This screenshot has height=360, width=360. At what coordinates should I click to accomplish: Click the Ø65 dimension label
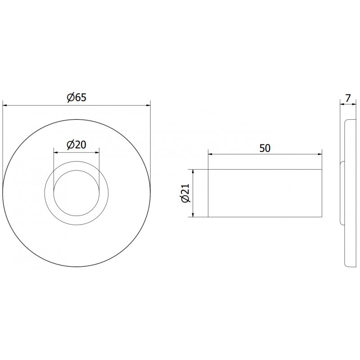pyautogui.click(x=76, y=97)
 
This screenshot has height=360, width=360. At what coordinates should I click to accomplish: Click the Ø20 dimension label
pyautogui.click(x=76, y=144)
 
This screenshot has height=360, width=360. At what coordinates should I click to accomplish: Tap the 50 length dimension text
pyautogui.click(x=265, y=148)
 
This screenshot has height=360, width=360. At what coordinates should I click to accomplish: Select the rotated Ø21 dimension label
pyautogui.click(x=185, y=193)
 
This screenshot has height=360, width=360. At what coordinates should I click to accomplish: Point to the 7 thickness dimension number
pyautogui.click(x=348, y=97)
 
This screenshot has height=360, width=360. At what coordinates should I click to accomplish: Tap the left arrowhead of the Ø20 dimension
pyautogui.click(x=56, y=152)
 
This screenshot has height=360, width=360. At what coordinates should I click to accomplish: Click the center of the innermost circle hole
pyautogui.click(x=76, y=193)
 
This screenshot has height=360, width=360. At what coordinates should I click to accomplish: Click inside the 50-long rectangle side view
pyautogui.click(x=265, y=193)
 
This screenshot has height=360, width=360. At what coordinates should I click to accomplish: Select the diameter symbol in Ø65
pyautogui.click(x=70, y=97)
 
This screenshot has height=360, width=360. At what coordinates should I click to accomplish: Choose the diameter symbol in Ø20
pyautogui.click(x=70, y=144)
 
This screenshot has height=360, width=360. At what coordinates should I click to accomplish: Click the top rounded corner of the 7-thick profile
pyautogui.click(x=347, y=121)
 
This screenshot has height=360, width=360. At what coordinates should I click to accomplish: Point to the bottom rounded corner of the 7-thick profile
pyautogui.click(x=347, y=265)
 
